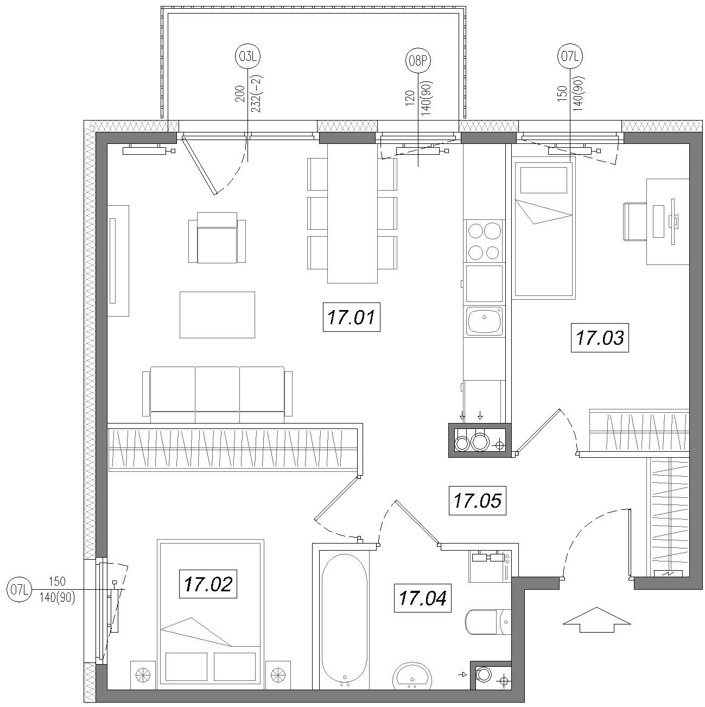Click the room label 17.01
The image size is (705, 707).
(351, 317)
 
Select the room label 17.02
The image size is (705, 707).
(208, 584)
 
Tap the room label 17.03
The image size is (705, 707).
(600, 338)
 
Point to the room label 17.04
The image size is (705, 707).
(423, 598)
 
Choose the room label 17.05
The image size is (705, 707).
(478, 501)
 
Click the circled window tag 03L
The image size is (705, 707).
(247, 56)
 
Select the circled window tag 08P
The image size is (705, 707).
(418, 60)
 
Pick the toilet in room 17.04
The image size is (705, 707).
(488, 622)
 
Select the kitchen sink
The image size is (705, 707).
(484, 321)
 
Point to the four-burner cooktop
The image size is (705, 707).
(484, 241)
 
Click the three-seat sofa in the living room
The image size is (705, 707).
(217, 395)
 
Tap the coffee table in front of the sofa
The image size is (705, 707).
(217, 315)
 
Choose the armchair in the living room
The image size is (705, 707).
(217, 238)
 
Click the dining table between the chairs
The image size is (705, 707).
(352, 213)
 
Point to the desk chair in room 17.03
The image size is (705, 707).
(635, 222)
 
